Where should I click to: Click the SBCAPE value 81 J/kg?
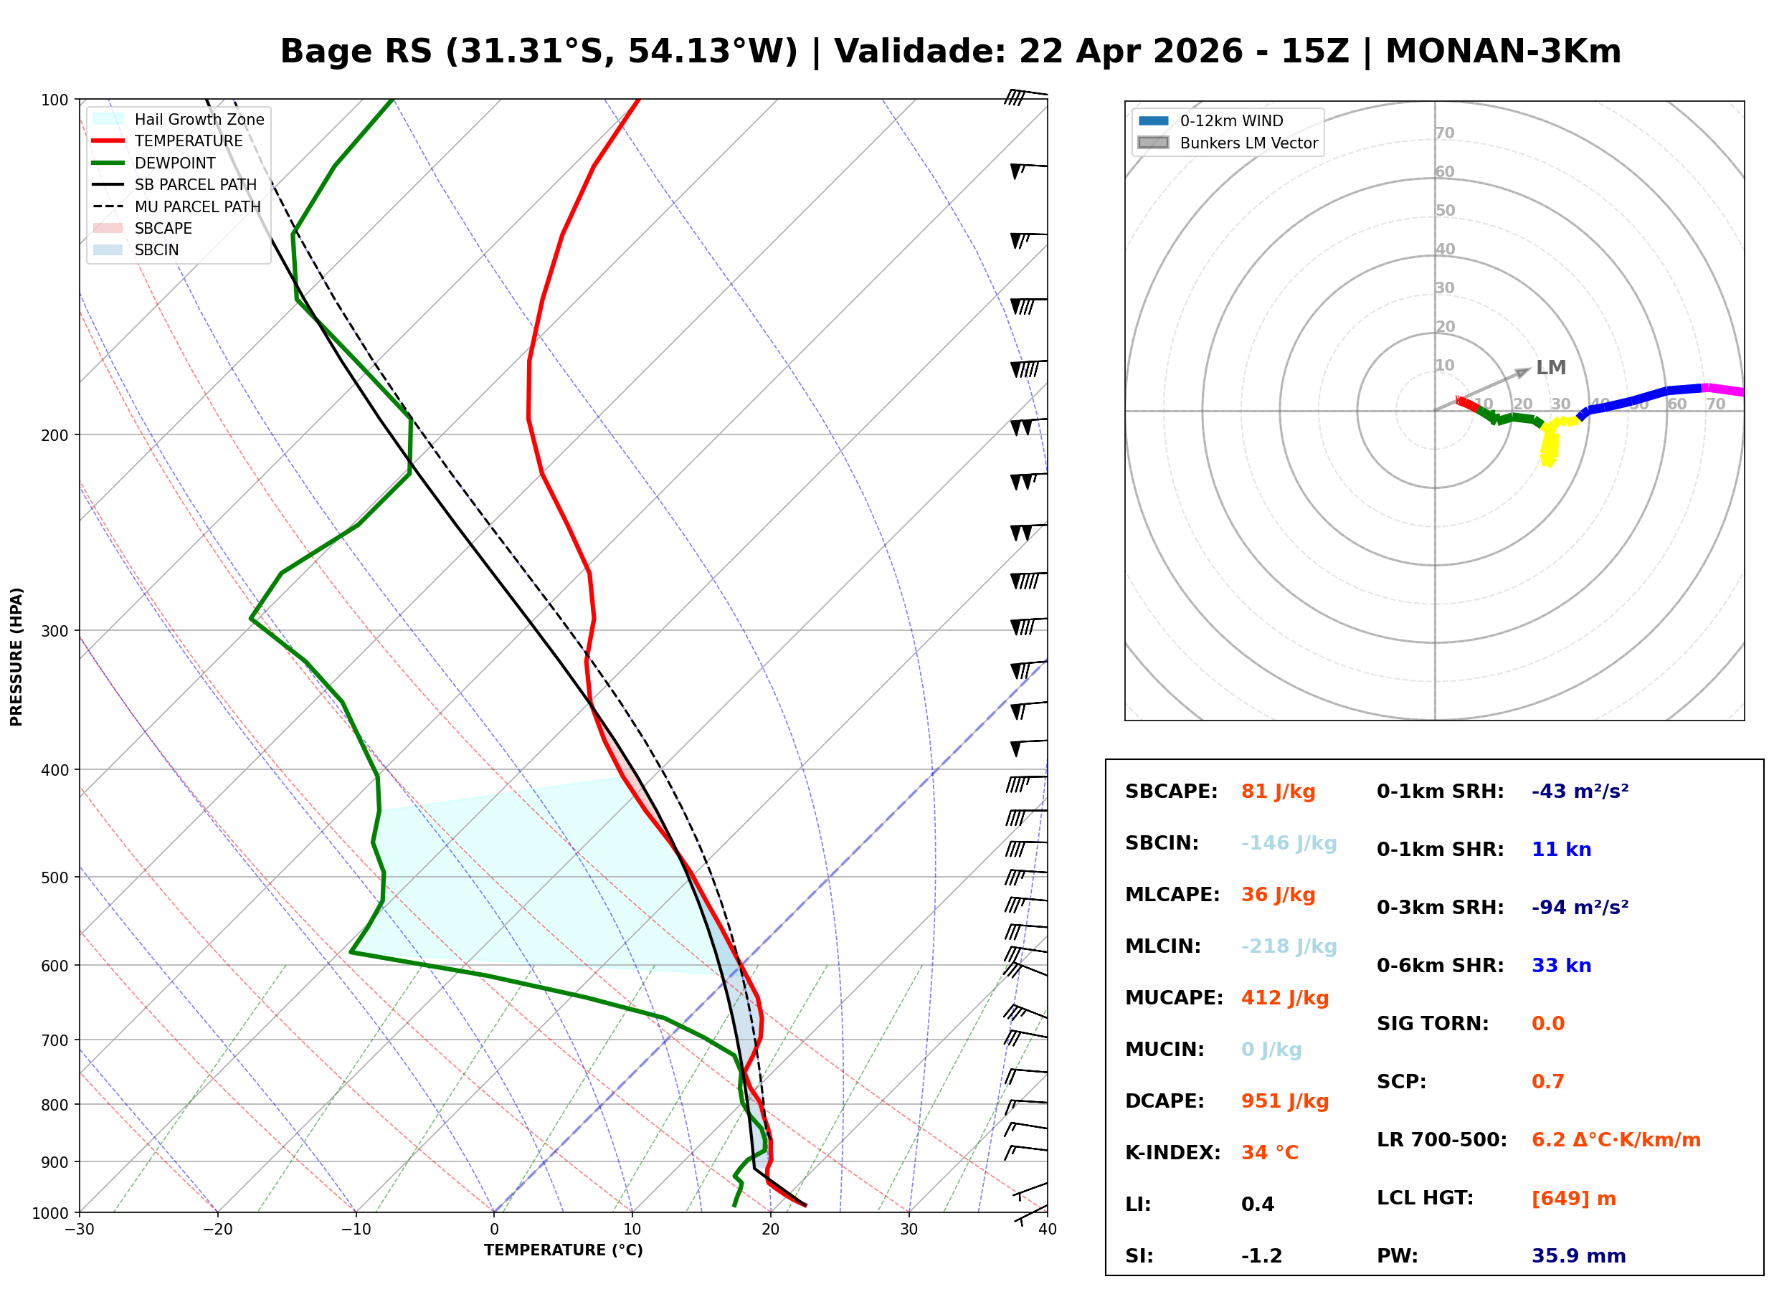(1278, 792)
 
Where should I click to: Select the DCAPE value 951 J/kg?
(1284, 1101)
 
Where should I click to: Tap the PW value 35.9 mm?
(1578, 1256)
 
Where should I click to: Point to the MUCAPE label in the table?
(1174, 998)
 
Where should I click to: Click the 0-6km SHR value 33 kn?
(1560, 966)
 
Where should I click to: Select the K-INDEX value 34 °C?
(1269, 1153)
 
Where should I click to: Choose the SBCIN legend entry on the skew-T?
(156, 250)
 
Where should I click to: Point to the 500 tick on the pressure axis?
(54, 878)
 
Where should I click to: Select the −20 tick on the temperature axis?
(217, 1230)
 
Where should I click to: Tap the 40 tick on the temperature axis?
(1047, 1230)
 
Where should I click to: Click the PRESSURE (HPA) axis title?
(16, 657)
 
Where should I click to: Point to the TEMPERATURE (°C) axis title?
(563, 1251)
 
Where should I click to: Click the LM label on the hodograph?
(1550, 368)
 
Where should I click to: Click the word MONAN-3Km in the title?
(1502, 52)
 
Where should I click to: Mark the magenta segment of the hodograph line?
(1723, 390)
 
